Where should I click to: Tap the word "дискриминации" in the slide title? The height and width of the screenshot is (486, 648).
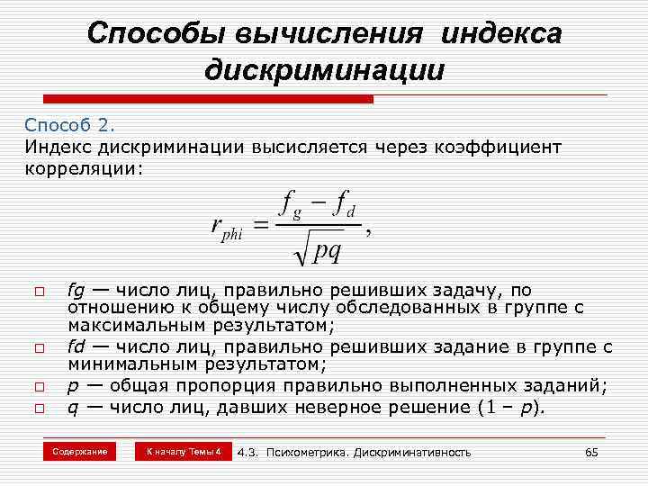[x=324, y=69]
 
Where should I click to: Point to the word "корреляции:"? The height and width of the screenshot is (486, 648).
[x=83, y=168]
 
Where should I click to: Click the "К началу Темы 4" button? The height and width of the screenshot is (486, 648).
[x=183, y=450]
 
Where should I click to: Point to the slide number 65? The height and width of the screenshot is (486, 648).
[x=591, y=451]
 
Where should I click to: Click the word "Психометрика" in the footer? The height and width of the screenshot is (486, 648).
[x=312, y=451]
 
